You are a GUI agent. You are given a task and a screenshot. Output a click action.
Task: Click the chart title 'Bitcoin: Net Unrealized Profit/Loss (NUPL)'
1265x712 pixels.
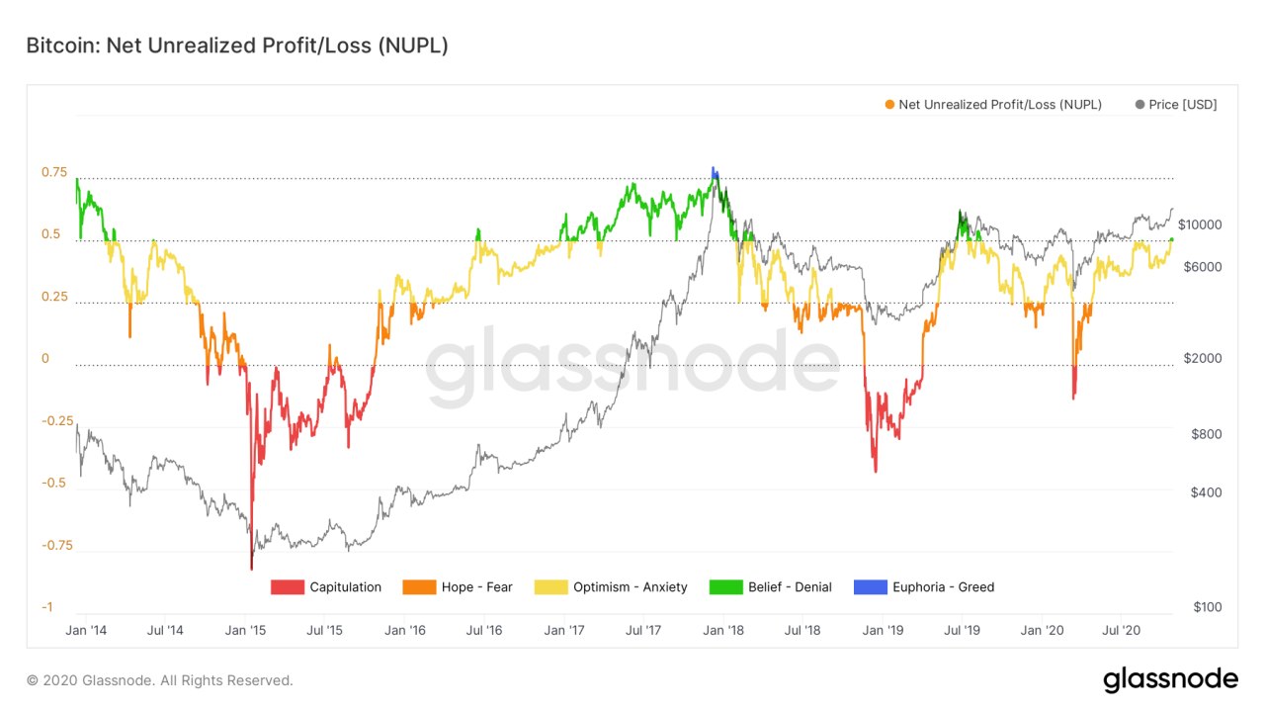pos(237,45)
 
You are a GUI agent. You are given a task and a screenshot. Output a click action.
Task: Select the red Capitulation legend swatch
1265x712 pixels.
pos(287,587)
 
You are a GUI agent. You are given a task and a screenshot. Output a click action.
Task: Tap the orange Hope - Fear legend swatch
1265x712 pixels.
pos(419,587)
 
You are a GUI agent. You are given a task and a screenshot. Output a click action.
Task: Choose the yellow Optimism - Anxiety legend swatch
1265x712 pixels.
pos(550,587)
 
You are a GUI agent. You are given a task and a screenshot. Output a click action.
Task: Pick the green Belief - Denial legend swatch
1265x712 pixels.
pos(725,587)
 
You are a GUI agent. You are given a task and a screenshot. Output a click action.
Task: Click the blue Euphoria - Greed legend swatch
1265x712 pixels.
pos(870,587)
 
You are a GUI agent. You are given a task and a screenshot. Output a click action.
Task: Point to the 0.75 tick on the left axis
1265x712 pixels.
pos(54,173)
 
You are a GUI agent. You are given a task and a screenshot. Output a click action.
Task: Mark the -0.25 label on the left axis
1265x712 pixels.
pos(58,421)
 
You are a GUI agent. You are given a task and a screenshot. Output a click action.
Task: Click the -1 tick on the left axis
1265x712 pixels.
pos(46,607)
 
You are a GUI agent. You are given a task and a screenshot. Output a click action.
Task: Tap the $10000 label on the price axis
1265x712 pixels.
pos(1200,224)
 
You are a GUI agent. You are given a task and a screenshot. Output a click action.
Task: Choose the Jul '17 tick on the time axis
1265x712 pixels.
pos(643,630)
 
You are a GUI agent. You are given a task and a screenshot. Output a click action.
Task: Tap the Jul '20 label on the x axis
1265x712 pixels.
pos(1122,630)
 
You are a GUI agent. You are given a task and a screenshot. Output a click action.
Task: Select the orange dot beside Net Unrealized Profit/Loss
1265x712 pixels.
pos(889,105)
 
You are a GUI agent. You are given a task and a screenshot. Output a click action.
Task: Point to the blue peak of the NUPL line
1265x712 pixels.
pos(714,172)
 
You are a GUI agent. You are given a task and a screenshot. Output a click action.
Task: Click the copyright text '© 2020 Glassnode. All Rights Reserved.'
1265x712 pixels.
pos(160,680)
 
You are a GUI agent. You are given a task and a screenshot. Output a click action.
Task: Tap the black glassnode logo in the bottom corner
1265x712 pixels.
pos(1170,679)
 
